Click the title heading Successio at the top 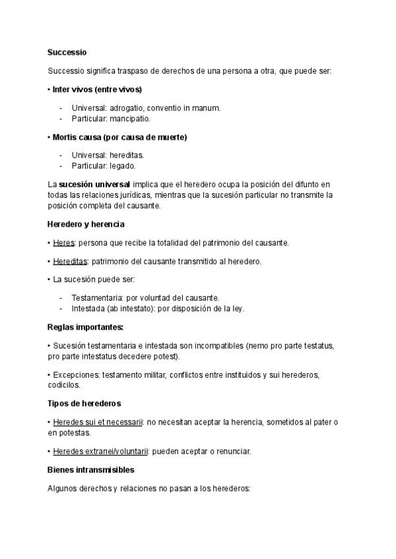[x=67, y=51]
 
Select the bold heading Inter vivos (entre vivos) [x=97, y=89]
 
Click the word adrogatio [x=126, y=107]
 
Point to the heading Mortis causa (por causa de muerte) [x=119, y=137]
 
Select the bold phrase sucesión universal [x=94, y=184]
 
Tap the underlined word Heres [x=63, y=243]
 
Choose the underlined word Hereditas [x=70, y=261]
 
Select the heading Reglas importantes [x=85, y=327]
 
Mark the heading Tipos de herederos [x=84, y=403]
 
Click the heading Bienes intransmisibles [x=91, y=470]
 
